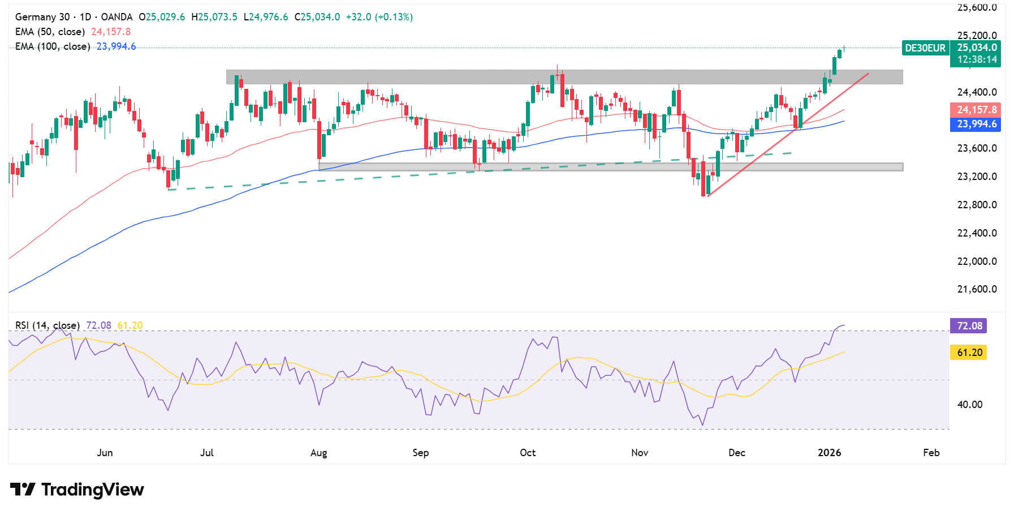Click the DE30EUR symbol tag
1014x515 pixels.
[925, 48]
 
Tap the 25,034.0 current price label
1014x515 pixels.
[977, 48]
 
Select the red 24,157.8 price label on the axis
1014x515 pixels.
[977, 110]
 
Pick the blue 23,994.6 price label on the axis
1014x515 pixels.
[977, 124]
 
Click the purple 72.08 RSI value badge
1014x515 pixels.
[969, 326]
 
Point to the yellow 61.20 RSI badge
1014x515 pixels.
[969, 353]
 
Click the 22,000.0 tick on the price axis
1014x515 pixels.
[977, 261]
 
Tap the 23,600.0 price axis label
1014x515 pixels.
[977, 148]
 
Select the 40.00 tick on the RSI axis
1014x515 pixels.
[969, 405]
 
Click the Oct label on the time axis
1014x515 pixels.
[528, 453]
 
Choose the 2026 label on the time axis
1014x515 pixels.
[830, 453]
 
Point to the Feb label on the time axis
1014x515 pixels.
[931, 453]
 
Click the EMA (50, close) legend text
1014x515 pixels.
[50, 32]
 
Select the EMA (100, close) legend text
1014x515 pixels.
[53, 46]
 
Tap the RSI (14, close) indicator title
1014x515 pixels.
[48, 325]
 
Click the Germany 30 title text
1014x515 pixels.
[42, 17]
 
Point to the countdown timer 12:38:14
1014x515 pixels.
[977, 59]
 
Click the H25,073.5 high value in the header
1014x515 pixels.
[214, 17]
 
